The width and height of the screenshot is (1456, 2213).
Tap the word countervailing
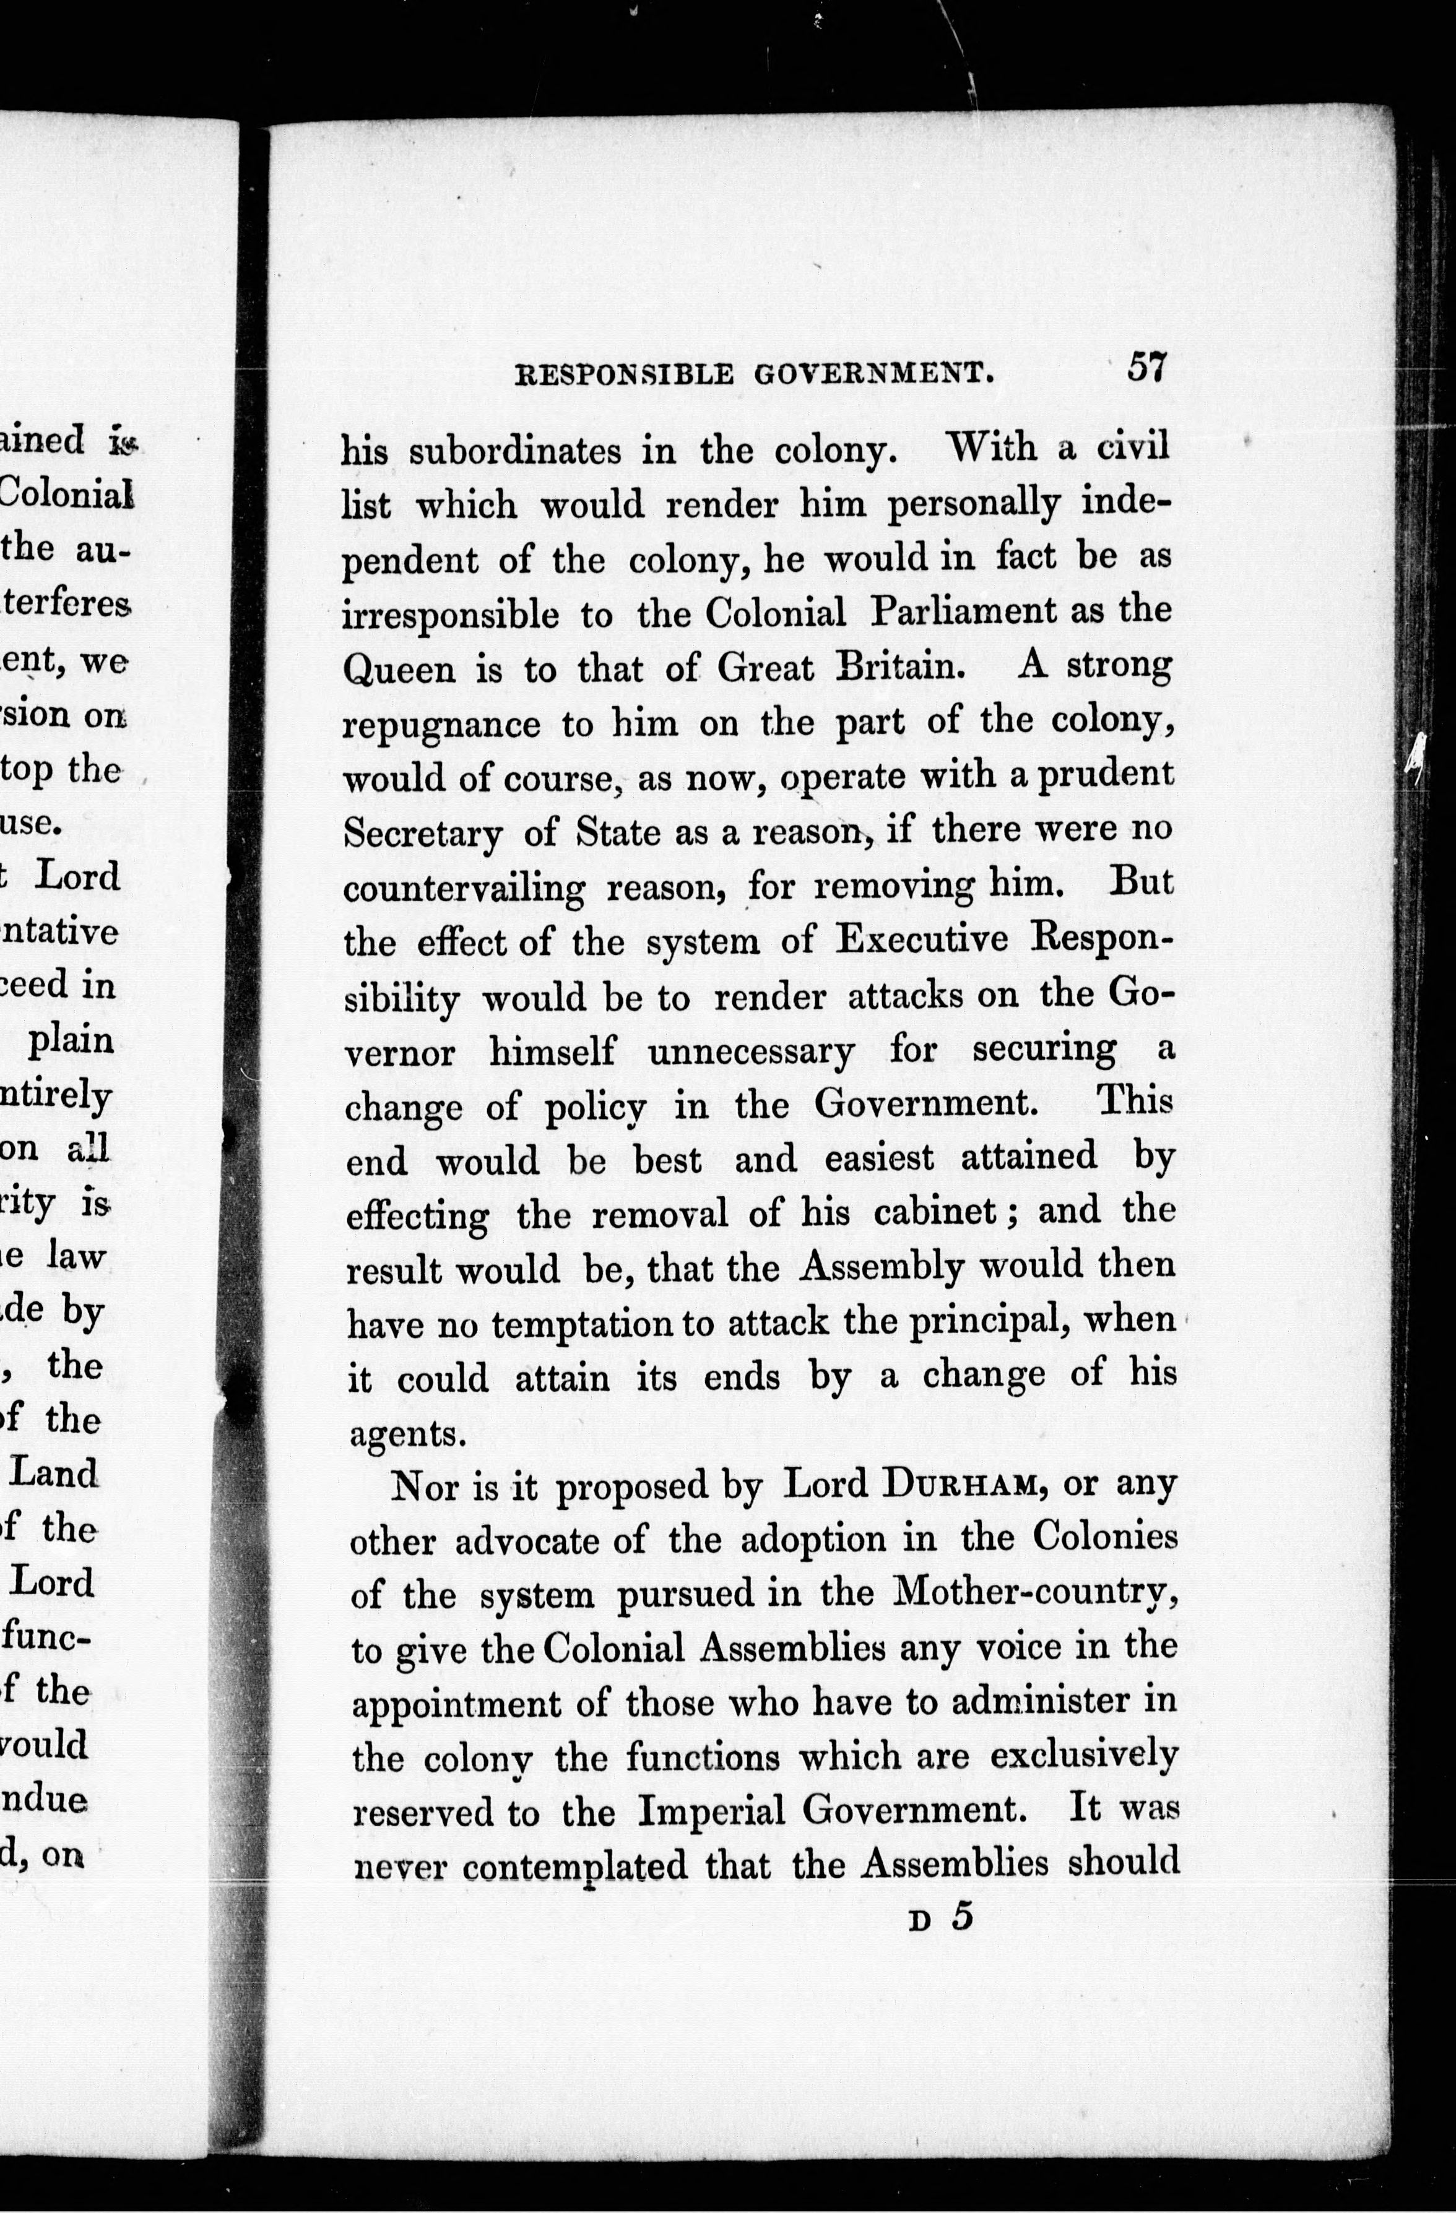463,889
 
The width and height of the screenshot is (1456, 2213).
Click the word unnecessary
750,1051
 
